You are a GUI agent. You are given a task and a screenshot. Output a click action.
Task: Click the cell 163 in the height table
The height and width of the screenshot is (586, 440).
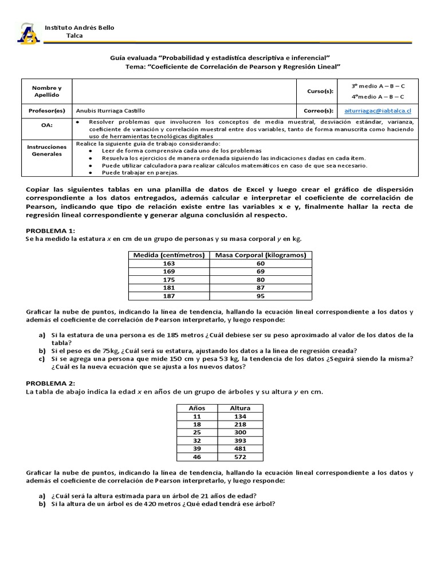[x=169, y=263]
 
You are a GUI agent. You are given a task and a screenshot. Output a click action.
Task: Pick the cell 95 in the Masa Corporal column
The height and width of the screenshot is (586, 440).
[x=261, y=296]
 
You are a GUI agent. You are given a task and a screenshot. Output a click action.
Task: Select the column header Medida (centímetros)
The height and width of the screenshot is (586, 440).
[x=169, y=255]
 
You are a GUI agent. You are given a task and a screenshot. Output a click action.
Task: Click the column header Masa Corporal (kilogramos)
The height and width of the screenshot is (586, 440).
[x=261, y=255]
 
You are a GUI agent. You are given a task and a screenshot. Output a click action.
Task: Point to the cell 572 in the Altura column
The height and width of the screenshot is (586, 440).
[x=240, y=457]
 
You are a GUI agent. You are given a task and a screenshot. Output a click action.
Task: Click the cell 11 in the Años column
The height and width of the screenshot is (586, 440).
[x=197, y=416]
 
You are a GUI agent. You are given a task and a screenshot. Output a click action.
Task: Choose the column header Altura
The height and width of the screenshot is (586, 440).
[x=240, y=408]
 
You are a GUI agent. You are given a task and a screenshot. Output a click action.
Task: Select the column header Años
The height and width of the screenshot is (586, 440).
[x=197, y=408]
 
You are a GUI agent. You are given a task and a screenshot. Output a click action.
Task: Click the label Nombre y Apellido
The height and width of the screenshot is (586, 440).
[x=47, y=91]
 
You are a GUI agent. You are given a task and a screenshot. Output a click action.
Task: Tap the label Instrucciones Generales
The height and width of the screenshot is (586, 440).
[x=47, y=151]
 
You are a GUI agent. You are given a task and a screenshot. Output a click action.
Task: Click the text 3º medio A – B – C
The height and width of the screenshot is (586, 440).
[x=378, y=85]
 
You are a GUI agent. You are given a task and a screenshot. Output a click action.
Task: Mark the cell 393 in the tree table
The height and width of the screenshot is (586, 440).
[x=240, y=441]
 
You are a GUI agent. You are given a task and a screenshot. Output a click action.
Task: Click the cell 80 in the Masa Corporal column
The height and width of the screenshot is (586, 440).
[x=261, y=280]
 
